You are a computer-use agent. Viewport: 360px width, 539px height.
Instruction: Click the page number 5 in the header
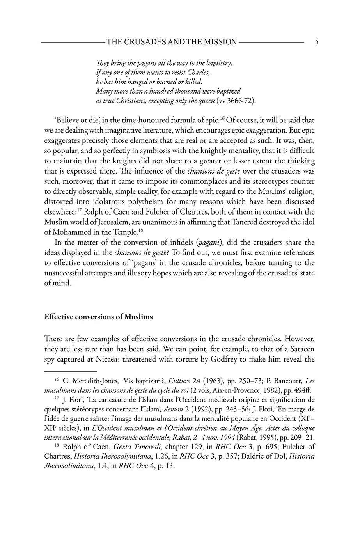point(316,42)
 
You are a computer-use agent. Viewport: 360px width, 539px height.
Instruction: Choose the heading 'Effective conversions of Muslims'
point(99,317)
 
